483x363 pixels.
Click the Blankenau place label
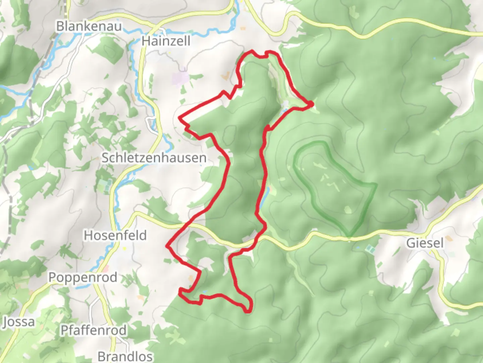pyautogui.click(x=89, y=26)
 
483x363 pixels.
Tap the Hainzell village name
pyautogui.click(x=166, y=41)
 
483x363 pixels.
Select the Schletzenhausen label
pyautogui.click(x=154, y=158)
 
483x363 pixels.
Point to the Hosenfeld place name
pyautogui.click(x=115, y=235)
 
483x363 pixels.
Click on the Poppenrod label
pyautogui.click(x=83, y=278)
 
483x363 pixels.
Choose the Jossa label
pyautogui.click(x=19, y=322)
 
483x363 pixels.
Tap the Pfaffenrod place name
pyautogui.click(x=94, y=330)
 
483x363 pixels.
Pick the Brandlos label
pyautogui.click(x=125, y=356)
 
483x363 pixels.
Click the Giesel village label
pyautogui.click(x=425, y=243)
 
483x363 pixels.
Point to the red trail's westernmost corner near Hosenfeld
pyautogui.click(x=167, y=246)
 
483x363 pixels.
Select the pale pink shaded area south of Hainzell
pyautogui.click(x=180, y=79)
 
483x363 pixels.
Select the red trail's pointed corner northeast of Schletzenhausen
pyautogui.click(x=180, y=118)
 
